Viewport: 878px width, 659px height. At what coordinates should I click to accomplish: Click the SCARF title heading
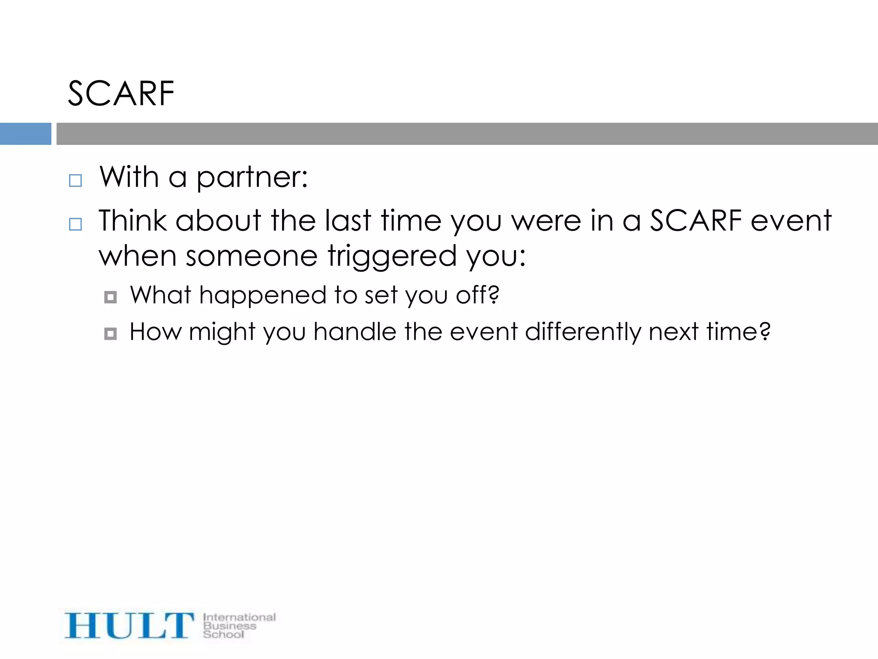coord(121,94)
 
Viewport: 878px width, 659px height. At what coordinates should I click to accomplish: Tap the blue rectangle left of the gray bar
coord(25,134)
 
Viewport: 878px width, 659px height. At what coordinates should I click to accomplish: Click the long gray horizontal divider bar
coord(466,134)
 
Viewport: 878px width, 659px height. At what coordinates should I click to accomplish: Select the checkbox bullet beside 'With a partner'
coord(75,181)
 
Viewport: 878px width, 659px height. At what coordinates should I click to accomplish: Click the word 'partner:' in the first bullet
coord(252,178)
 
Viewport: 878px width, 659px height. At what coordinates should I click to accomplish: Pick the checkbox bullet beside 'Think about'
coord(75,224)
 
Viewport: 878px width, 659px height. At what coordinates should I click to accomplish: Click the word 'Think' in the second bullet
coord(132,221)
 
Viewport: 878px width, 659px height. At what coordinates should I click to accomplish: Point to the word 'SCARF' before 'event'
coord(695,221)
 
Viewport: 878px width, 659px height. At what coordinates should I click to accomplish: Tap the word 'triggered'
coord(392,257)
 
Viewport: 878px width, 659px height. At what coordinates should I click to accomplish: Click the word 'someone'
coord(252,256)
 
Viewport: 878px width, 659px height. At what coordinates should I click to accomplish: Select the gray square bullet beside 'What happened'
coord(111,297)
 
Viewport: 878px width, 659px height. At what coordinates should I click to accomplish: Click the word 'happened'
coord(263,296)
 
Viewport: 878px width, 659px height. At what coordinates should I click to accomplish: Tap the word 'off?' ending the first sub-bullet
coord(478,295)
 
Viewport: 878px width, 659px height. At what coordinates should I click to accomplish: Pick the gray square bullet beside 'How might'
coord(111,334)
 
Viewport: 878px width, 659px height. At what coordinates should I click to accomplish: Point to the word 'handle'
coord(355,332)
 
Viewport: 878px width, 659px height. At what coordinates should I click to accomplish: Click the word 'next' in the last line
coord(674,332)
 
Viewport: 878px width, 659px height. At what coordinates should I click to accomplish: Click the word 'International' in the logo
coord(239,617)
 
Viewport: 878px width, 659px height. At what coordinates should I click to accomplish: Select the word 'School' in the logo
coord(223,634)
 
